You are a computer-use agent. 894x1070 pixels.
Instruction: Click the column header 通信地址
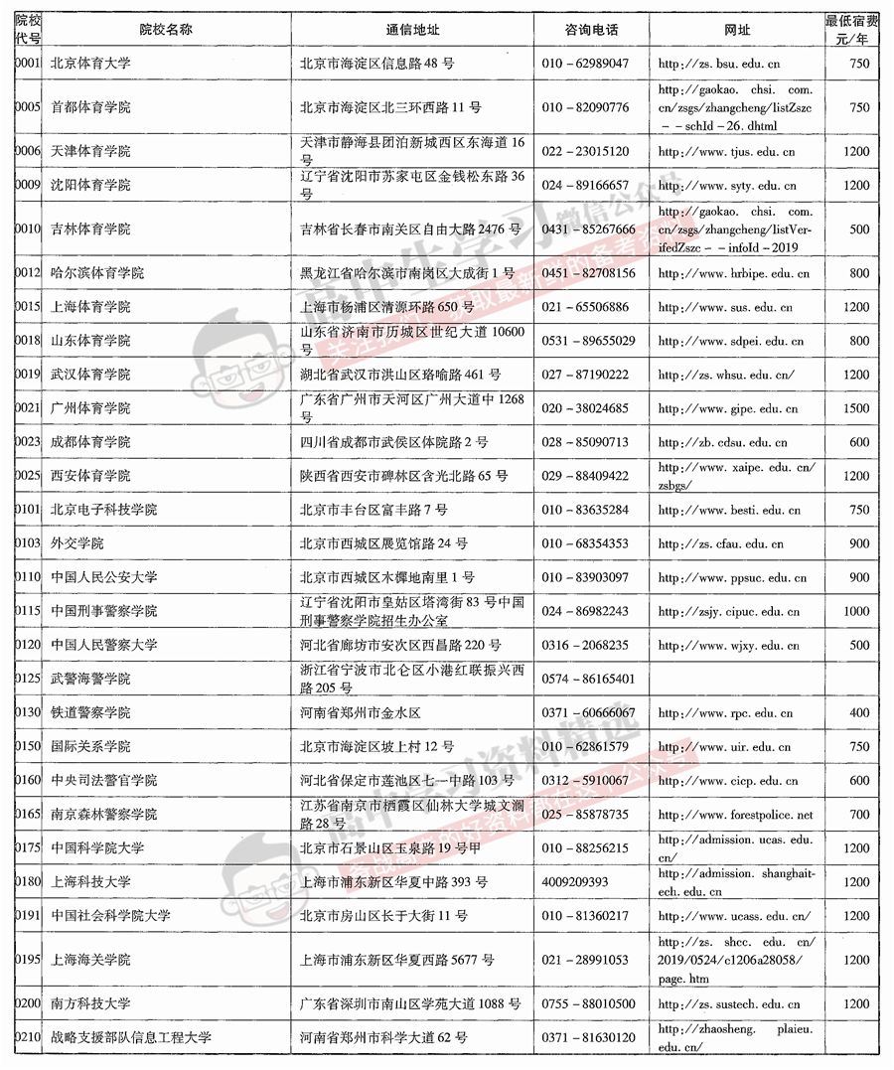pyautogui.click(x=412, y=29)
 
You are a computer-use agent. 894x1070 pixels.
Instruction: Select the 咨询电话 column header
pyautogui.click(x=591, y=29)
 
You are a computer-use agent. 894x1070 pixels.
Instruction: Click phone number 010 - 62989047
pyautogui.click(x=586, y=64)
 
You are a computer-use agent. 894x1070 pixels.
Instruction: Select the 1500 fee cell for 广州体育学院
pyautogui.click(x=856, y=409)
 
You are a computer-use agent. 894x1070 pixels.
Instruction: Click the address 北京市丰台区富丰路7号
pyautogui.click(x=373, y=511)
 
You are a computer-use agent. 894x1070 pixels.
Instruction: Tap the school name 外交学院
pyautogui.click(x=77, y=544)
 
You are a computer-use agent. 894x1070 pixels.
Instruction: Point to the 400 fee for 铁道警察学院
pyautogui.click(x=859, y=713)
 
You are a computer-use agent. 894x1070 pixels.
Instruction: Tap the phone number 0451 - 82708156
pyautogui.click(x=589, y=274)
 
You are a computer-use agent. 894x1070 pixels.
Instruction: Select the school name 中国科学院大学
pyautogui.click(x=97, y=848)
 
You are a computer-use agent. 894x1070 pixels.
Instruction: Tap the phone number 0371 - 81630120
pyautogui.click(x=589, y=1039)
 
